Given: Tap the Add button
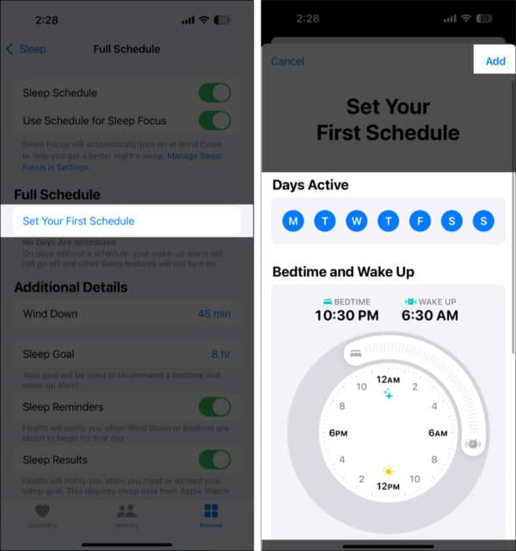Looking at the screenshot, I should click(495, 61).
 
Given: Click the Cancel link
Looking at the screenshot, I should click(287, 61).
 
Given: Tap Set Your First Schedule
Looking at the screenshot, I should click(78, 221).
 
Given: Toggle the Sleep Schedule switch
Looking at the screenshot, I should click(214, 93).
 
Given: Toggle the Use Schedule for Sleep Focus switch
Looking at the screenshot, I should click(214, 121).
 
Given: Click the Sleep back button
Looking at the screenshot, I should click(26, 49).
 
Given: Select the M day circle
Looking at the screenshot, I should click(293, 221).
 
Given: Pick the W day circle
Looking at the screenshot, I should click(357, 221).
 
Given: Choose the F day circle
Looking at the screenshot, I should click(421, 221).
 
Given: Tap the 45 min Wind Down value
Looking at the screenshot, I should click(214, 313).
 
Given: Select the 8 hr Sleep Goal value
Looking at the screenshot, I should click(221, 354).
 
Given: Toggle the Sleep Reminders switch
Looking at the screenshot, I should click(214, 406).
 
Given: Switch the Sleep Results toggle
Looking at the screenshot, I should click(214, 460).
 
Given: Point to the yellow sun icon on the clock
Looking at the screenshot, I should click(389, 472).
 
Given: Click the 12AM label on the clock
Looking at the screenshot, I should click(388, 380).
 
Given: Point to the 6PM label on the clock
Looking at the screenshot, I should click(338, 433).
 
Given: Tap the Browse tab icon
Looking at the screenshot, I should click(211, 515).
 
